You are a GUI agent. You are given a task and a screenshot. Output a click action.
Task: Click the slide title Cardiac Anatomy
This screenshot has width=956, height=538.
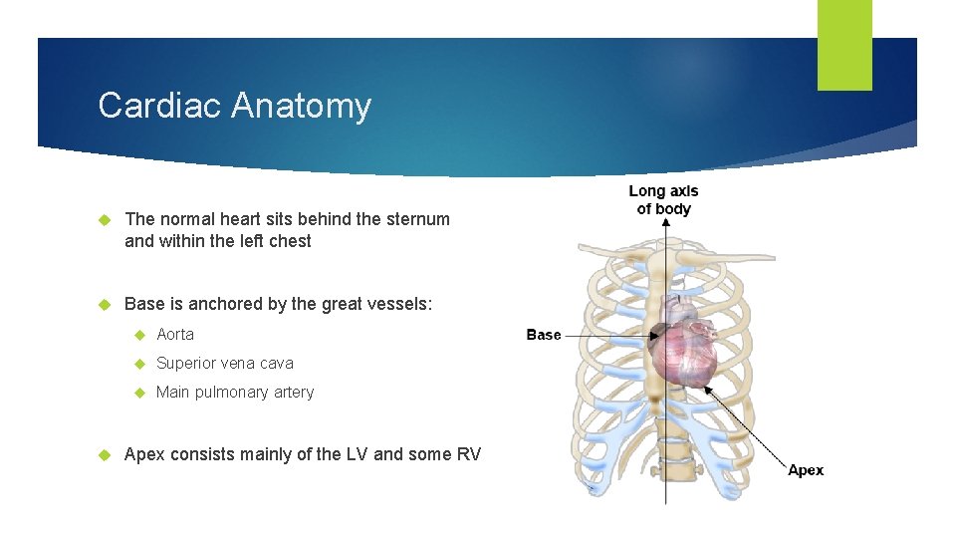(234, 106)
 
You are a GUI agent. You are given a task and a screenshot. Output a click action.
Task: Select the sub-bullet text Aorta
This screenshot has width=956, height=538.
(175, 335)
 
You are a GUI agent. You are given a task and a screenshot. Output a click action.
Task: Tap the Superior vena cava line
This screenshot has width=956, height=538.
(225, 364)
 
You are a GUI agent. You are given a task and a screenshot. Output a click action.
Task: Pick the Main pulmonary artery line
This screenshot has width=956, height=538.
(235, 393)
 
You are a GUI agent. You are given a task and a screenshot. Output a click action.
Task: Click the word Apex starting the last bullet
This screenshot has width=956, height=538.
(144, 455)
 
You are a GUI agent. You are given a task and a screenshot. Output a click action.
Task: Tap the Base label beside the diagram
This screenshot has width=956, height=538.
(544, 336)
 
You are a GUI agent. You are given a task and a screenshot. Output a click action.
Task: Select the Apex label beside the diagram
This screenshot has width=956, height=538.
(806, 471)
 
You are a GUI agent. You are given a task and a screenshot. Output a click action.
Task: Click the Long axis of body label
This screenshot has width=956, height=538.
(664, 199)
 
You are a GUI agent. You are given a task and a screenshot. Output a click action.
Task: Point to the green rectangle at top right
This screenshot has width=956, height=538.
(844, 45)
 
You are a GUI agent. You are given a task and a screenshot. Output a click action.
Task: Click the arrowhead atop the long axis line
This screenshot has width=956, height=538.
(664, 224)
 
